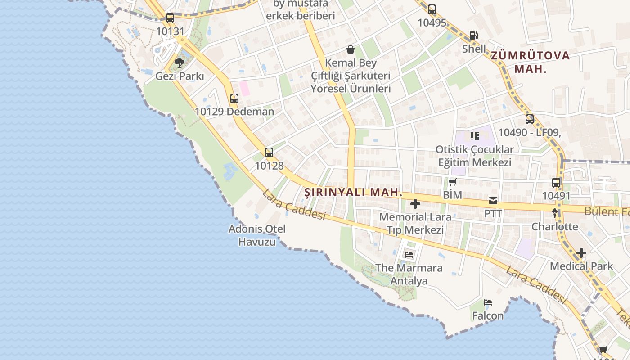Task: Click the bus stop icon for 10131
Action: (x=170, y=18)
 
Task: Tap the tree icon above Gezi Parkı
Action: (x=180, y=63)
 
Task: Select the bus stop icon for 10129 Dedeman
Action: (x=234, y=98)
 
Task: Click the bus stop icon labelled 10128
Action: (x=269, y=152)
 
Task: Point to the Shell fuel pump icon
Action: (x=473, y=35)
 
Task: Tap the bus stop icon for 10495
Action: (x=432, y=9)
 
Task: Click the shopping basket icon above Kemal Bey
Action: (x=351, y=49)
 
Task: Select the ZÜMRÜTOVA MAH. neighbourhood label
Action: (x=530, y=62)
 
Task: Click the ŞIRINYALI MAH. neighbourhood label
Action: (x=353, y=192)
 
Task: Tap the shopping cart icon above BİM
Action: (x=452, y=182)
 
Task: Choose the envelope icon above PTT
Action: (x=493, y=200)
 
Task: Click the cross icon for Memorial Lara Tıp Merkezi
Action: (x=415, y=204)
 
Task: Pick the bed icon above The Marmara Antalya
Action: (x=409, y=255)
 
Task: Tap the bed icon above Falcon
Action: (x=488, y=302)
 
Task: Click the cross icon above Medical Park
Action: (x=581, y=253)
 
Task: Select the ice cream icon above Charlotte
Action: (x=555, y=213)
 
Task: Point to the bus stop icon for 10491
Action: (x=556, y=182)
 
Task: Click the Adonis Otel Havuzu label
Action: (x=257, y=235)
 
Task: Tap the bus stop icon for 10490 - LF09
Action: (x=529, y=119)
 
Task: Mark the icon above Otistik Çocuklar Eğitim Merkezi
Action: (x=474, y=136)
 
